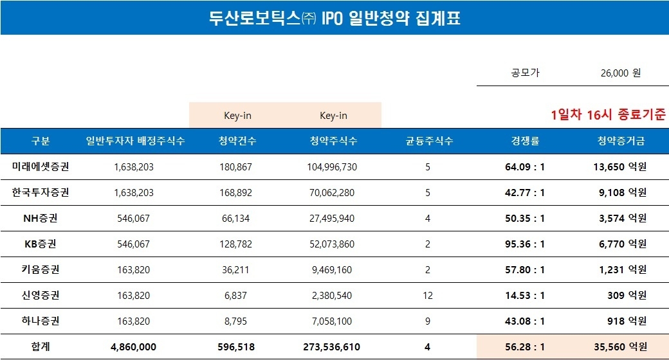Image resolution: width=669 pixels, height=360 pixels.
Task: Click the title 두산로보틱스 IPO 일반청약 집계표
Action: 334,18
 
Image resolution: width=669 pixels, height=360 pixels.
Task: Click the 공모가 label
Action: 526,73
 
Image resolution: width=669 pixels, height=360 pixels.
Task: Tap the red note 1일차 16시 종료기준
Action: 607,115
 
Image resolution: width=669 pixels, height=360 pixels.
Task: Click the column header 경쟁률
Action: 524,141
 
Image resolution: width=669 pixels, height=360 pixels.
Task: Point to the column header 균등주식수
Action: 429,141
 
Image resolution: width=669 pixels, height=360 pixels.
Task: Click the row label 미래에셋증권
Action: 41,167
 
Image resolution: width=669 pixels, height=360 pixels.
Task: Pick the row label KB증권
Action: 41,244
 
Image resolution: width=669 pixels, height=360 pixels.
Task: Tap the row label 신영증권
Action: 41,296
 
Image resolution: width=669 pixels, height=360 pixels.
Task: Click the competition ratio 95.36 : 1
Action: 524,244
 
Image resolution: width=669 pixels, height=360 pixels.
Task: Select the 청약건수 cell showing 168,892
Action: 237,193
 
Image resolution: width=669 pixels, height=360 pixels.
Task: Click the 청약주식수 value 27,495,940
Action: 333,219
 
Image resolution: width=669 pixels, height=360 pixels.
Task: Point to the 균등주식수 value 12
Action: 429,296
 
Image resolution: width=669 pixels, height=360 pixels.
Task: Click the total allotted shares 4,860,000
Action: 133,346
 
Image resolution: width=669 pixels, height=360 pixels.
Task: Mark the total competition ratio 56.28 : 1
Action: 524,346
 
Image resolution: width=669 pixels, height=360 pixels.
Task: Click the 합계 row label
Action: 41,346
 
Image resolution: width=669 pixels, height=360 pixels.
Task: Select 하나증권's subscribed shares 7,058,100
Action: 333,321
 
